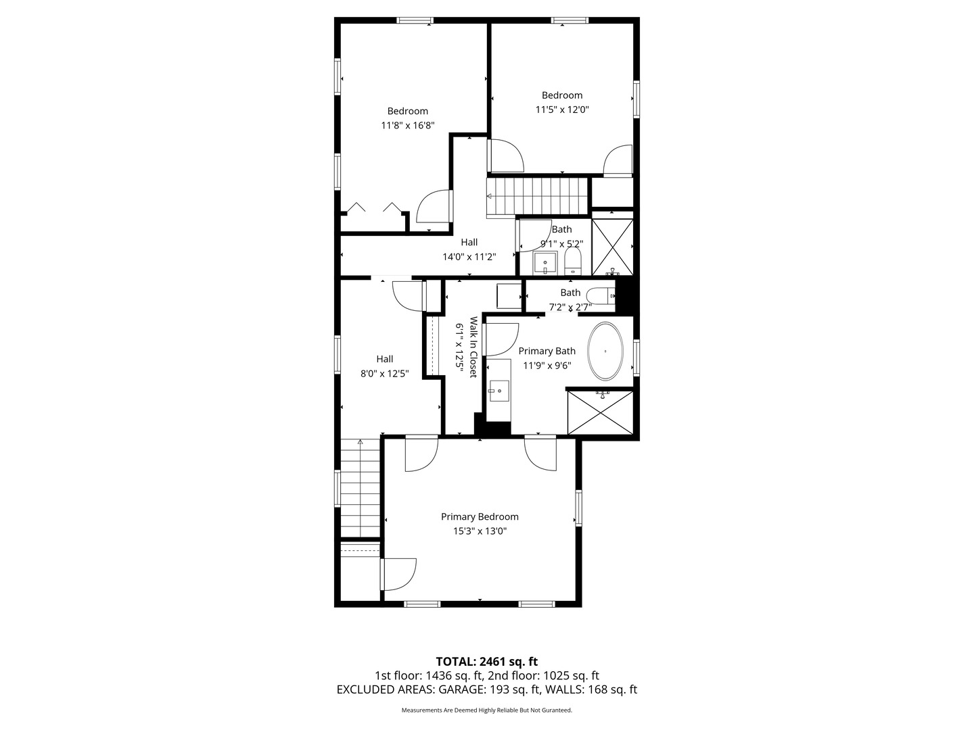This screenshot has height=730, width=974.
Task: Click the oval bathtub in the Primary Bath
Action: [x=605, y=351]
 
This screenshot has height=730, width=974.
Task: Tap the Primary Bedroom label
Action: [x=480, y=517]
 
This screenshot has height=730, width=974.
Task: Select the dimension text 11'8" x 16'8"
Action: [x=407, y=126]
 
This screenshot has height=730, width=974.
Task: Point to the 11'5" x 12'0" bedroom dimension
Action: [x=562, y=109]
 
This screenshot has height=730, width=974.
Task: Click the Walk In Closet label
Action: [x=473, y=347]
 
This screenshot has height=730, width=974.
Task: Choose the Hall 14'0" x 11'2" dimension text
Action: [x=469, y=257]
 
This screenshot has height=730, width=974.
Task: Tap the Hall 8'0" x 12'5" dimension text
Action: [x=384, y=374]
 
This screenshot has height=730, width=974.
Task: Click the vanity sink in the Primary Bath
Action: [x=499, y=390]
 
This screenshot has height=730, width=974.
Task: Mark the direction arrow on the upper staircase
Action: [x=490, y=197]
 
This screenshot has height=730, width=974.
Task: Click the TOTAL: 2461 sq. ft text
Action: [x=486, y=661]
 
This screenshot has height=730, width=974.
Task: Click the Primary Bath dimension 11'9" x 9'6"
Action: [x=547, y=366]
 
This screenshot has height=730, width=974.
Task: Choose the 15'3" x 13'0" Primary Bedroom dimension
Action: [x=480, y=531]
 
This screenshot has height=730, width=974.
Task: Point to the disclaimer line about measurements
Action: [x=486, y=710]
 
